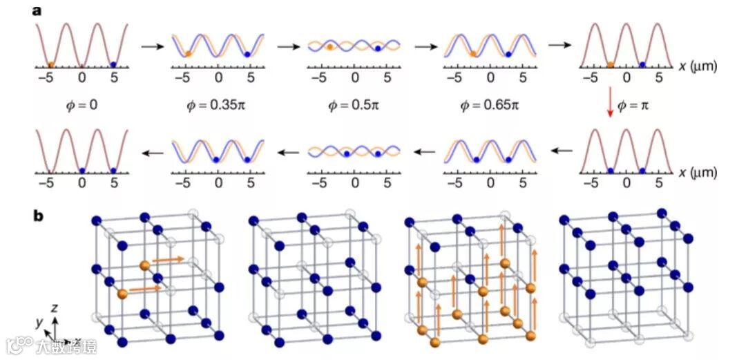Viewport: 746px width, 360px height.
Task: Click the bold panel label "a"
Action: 39,10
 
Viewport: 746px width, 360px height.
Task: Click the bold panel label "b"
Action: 40,216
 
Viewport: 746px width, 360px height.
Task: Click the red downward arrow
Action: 610,107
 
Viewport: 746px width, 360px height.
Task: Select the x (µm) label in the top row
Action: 698,66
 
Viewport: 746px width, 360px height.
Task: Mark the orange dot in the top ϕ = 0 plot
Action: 52,64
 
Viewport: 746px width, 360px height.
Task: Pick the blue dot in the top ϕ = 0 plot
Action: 113,64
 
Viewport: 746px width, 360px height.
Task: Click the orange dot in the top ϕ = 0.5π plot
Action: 330,47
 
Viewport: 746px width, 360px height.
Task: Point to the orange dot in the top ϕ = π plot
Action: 610,64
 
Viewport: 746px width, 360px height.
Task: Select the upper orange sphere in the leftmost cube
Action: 144,265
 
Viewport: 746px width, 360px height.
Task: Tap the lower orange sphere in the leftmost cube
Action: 123,294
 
